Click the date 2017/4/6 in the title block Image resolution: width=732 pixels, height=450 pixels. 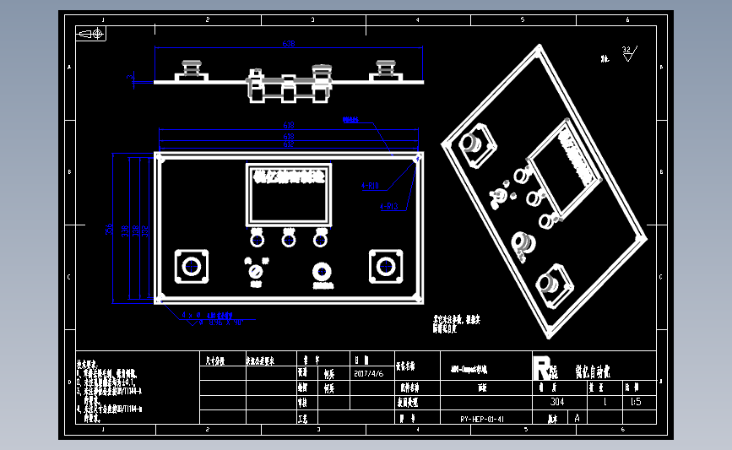point(368,372)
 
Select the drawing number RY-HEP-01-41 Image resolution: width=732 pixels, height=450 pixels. point(483,418)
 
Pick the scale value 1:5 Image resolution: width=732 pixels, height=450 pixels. point(635,402)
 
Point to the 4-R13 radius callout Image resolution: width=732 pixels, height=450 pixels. point(389,205)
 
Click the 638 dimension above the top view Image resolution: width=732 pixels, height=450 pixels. point(288,43)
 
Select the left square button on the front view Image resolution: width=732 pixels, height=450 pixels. point(191,267)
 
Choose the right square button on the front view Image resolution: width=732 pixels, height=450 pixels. point(385,267)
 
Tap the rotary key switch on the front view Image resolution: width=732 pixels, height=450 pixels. point(254,272)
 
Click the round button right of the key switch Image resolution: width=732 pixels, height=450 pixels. point(322,272)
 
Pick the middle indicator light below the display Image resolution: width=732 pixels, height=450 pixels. point(289,241)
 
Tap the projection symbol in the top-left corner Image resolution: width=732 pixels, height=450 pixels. point(90,34)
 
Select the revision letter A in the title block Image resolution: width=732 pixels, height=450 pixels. point(577,418)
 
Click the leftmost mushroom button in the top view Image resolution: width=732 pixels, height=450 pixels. point(190,68)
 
